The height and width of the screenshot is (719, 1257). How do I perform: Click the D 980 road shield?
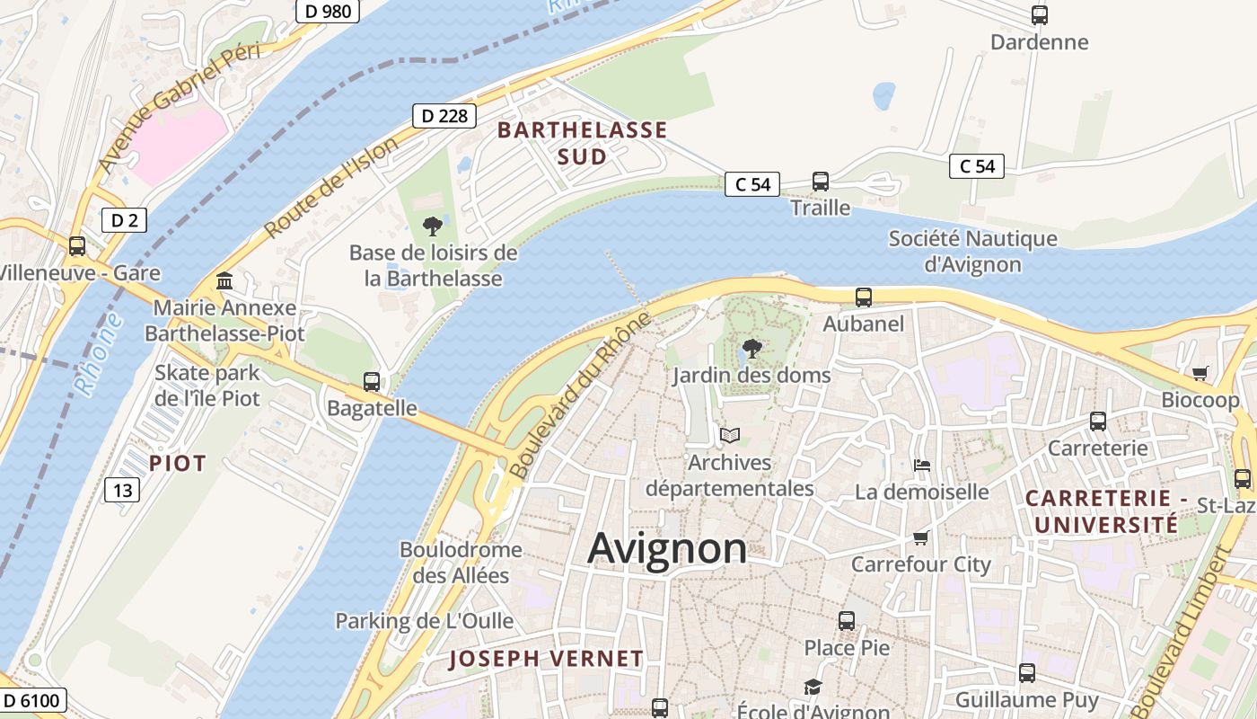coord(328,11)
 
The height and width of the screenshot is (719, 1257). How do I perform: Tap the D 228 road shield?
coord(444,115)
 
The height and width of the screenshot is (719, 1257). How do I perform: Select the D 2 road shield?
coord(124,220)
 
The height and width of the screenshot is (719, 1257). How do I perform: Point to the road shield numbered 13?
coord(122,490)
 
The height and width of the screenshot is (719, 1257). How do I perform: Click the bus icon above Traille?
coord(821,182)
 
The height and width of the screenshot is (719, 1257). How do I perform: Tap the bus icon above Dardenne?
coord(1040,15)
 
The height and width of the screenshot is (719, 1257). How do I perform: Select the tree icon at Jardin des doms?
coord(752,349)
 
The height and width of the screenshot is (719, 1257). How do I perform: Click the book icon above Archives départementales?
coord(730,436)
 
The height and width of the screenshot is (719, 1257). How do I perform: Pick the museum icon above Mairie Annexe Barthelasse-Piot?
coord(224,281)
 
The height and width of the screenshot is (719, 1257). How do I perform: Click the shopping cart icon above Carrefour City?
coord(921,537)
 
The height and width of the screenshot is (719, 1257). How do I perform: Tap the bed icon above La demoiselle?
coord(922,466)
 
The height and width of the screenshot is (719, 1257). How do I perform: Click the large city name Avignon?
coord(667,548)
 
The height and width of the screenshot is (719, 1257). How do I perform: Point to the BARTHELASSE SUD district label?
coord(582,143)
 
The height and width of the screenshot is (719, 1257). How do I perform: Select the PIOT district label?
coord(178,464)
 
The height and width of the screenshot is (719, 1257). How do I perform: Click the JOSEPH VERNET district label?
coord(546,659)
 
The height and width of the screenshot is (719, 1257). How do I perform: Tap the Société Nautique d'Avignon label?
coord(972,252)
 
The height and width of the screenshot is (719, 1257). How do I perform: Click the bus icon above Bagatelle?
coord(372,382)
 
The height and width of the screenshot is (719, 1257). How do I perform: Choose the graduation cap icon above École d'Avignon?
coord(813,688)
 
